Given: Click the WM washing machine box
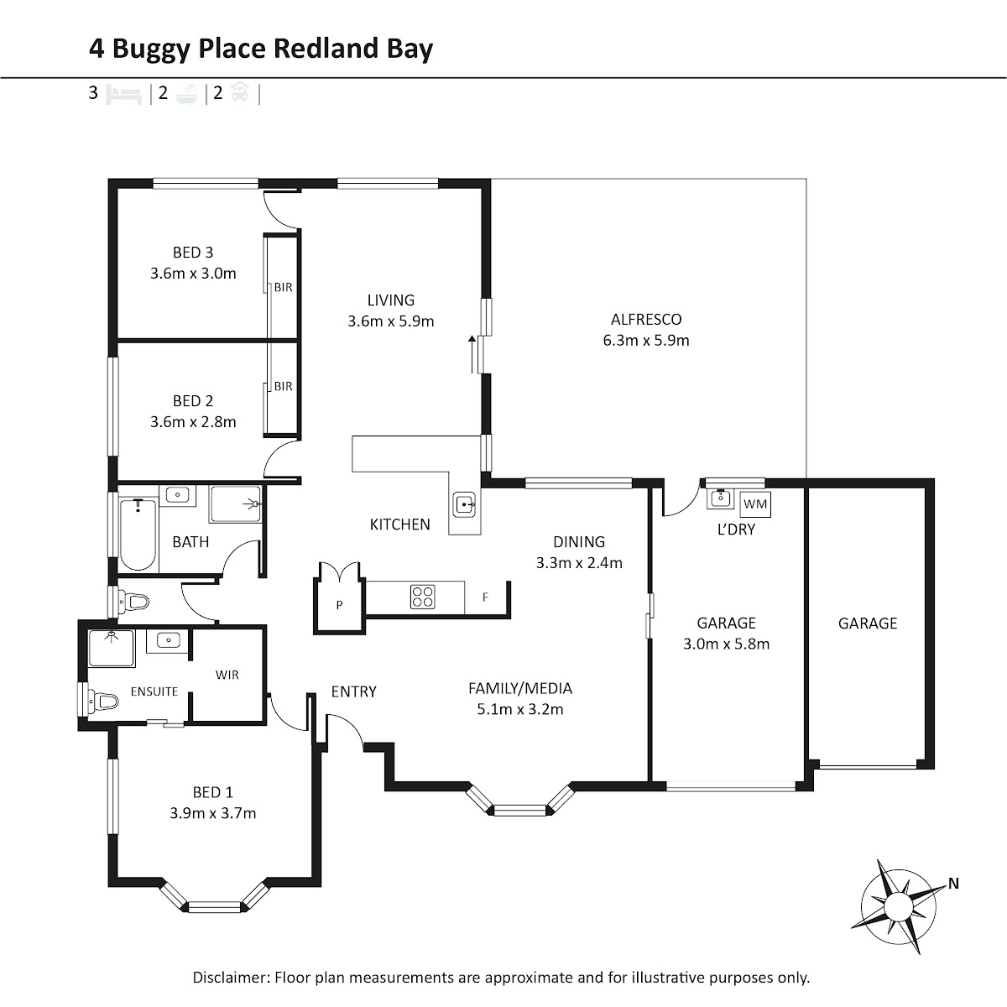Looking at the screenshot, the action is (755, 504).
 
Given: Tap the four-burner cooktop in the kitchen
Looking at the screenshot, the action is (422, 597).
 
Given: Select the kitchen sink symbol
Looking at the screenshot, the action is (464, 504).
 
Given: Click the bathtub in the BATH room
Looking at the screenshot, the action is (138, 535).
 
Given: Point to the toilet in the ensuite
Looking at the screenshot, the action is (103, 700).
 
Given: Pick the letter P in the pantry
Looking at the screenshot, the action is (339, 605).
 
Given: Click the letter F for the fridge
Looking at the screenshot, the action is (485, 597).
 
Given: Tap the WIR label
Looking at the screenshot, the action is (227, 675).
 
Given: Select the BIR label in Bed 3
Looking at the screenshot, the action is (284, 288).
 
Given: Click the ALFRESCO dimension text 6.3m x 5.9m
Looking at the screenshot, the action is (646, 340).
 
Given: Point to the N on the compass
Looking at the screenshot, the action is (953, 883).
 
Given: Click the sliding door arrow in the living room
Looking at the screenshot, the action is (472, 354).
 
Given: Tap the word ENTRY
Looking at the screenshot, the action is (354, 691).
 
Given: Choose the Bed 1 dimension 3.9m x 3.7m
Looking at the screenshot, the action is (212, 813).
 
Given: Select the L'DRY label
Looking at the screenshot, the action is (736, 530).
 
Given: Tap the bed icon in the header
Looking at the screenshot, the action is (124, 95).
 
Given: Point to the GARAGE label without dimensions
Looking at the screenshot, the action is (868, 623).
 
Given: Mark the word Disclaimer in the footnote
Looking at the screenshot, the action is (231, 978).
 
